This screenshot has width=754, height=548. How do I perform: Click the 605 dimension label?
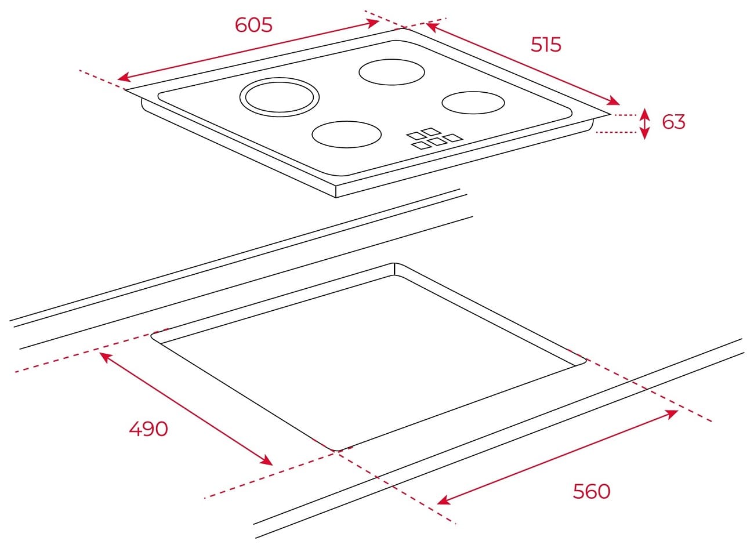pos(253,26)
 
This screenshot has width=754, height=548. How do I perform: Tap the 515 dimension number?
pos(546,45)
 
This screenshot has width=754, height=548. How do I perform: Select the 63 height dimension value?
pos(673,122)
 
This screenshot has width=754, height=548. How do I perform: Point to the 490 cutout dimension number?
pos(148,429)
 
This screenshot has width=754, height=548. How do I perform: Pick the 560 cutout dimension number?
pos(592,491)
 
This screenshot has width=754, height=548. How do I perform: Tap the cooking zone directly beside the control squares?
pos(346,135)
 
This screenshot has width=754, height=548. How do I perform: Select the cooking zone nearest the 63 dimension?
pos(473,103)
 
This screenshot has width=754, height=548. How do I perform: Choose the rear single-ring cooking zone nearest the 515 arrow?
pos(391,72)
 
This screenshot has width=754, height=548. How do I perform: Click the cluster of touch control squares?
pos(434,139)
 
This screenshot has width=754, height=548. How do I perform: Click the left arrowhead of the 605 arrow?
pos(124,77)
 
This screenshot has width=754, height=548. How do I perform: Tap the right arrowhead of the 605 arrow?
pos(373,23)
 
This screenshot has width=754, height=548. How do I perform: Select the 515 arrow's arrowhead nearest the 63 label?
pos(613,101)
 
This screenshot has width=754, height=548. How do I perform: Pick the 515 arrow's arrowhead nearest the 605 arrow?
pos(433,27)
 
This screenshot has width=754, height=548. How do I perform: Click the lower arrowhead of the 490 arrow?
pos(267,460)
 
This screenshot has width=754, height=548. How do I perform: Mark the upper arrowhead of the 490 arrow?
pos(106,357)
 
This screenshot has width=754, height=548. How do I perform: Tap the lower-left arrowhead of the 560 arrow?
pos(444,500)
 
